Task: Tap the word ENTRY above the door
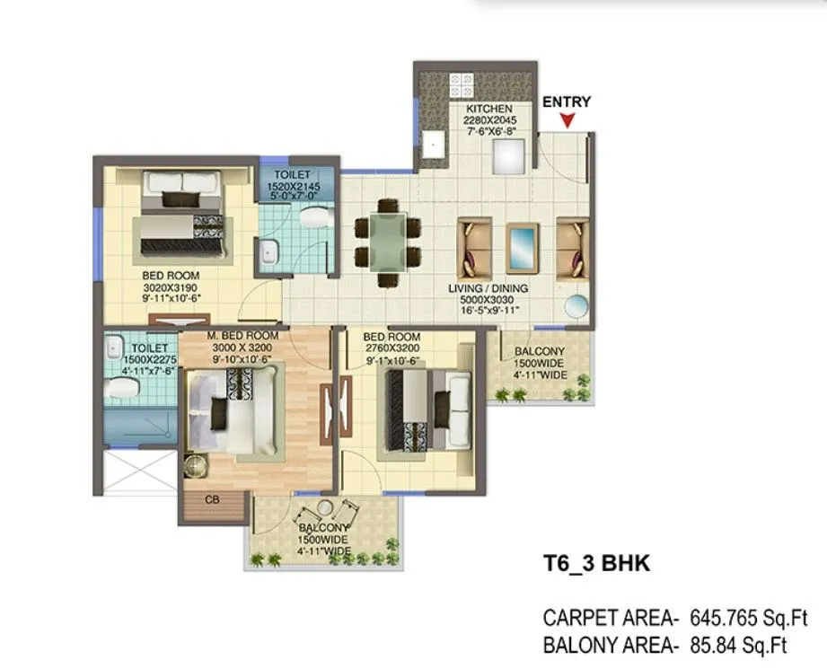tap(567, 101)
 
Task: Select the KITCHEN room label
tap(488, 109)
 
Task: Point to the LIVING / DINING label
tap(488, 288)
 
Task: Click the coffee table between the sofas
tap(523, 244)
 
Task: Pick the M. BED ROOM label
tap(243, 336)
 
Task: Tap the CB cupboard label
tap(213, 498)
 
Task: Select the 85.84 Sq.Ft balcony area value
tap(738, 644)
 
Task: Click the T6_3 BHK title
tap(596, 564)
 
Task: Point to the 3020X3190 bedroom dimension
tap(171, 287)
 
